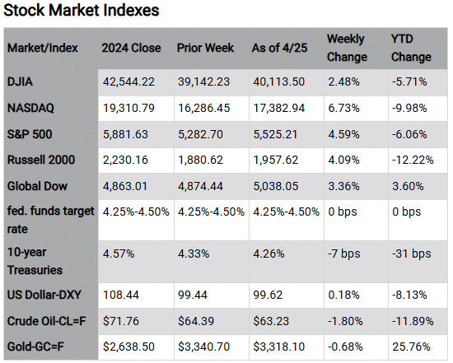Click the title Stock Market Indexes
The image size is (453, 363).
pyautogui.click(x=82, y=12)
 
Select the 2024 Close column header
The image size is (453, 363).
pyautogui.click(x=131, y=48)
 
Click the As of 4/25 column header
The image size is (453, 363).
pyautogui.click(x=279, y=48)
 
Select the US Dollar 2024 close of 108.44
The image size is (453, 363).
pyautogui.click(x=119, y=295)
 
